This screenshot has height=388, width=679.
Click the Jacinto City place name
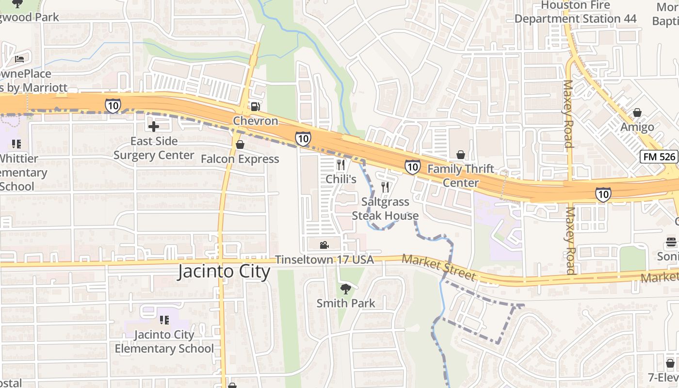[224, 271]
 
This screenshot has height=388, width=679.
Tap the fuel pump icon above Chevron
[255, 106]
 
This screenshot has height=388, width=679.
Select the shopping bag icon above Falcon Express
[240, 145]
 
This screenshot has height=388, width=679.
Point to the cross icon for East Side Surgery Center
[154, 127]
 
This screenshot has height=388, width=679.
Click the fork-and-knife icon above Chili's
[341, 165]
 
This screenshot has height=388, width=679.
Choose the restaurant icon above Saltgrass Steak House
[385, 187]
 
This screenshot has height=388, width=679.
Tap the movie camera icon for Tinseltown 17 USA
[324, 245]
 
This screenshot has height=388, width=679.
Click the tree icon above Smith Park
[345, 290]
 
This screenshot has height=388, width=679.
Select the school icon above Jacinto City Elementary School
[164, 320]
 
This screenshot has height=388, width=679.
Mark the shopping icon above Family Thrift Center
[460, 155]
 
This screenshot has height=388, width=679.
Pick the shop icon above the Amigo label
[637, 113]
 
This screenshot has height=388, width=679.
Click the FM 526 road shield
[658, 157]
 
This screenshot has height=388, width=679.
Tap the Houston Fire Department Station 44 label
[575, 12]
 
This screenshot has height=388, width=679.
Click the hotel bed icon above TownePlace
[19, 60]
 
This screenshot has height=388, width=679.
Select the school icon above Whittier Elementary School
[16, 144]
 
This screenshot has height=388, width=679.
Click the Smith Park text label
[346, 304]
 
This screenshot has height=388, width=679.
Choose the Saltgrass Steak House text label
[385, 209]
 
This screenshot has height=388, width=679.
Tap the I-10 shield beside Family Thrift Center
[412, 167]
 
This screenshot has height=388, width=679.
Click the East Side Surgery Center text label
[154, 148]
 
